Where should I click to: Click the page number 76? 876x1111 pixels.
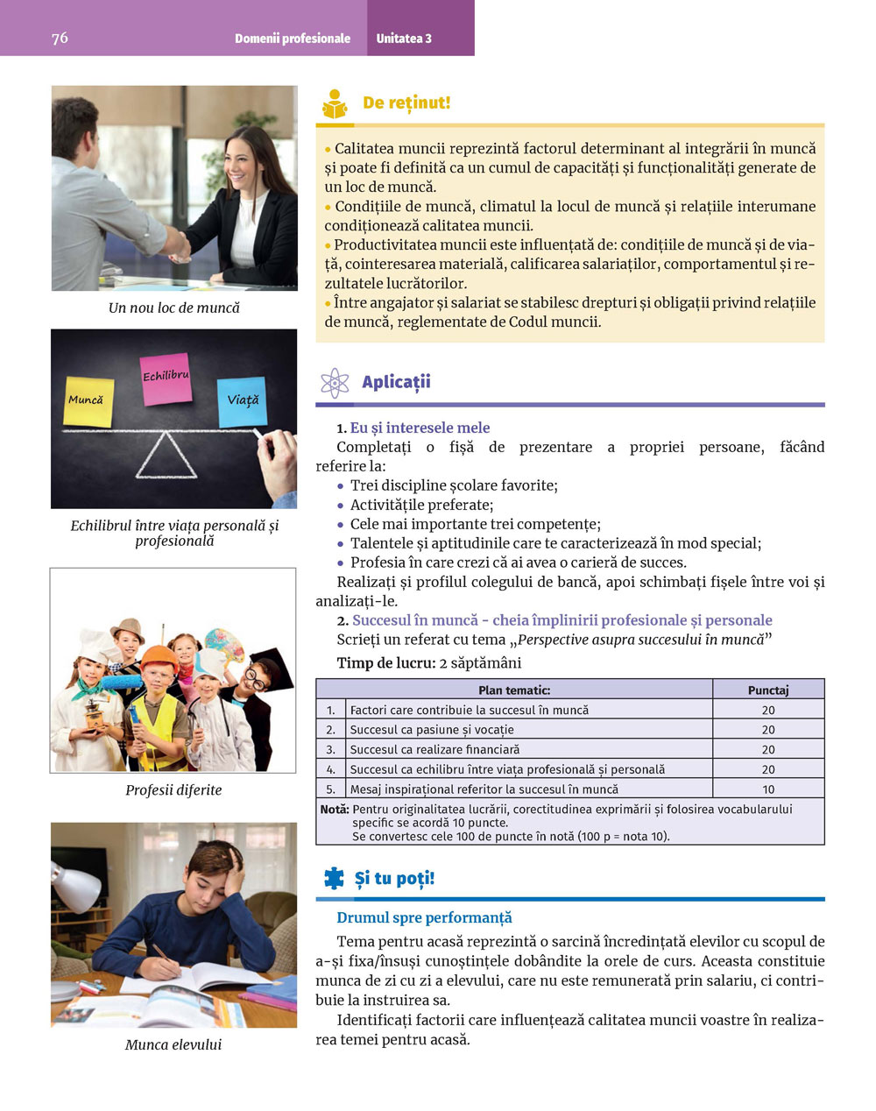[60, 38]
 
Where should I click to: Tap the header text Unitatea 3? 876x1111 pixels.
[404, 39]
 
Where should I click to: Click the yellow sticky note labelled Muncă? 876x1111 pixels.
[88, 401]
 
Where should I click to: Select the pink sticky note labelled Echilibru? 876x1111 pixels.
[166, 379]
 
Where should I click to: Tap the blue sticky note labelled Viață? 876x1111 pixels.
[242, 401]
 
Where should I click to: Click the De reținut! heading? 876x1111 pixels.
[406, 103]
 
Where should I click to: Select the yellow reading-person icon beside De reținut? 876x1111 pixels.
[335, 104]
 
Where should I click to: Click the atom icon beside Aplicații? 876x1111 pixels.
[334, 383]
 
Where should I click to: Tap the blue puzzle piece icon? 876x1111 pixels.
[334, 878]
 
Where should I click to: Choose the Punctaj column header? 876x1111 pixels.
[768, 690]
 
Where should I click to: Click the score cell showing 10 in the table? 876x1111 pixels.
[768, 789]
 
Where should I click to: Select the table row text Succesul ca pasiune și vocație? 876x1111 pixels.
[432, 729]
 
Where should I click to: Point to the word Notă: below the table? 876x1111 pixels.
[335, 810]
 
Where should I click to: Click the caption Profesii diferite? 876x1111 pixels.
[173, 789]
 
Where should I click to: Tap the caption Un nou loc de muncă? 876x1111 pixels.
[173, 308]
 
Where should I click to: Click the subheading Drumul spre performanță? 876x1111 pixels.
[424, 917]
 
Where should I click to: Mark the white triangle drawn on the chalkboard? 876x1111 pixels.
[166, 456]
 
